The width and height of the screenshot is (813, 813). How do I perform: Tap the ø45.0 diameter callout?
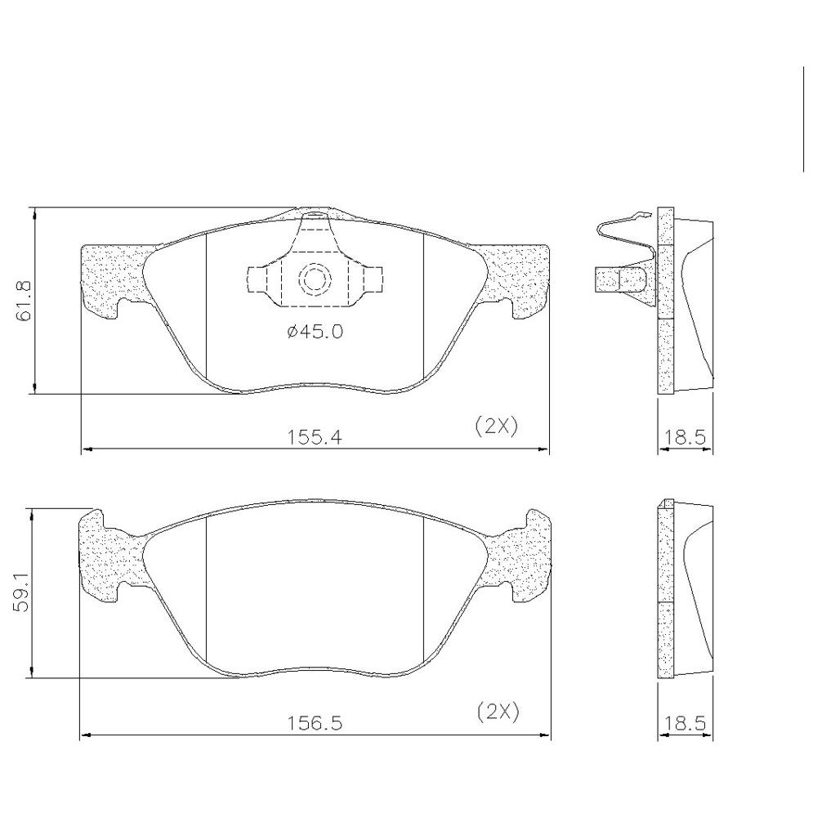tap(315, 331)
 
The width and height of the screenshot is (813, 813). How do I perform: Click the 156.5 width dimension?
tap(315, 723)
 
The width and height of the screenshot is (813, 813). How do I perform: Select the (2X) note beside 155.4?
tap(497, 427)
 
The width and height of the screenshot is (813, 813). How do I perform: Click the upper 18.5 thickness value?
tap(686, 438)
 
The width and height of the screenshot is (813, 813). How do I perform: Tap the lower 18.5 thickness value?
tap(686, 723)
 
